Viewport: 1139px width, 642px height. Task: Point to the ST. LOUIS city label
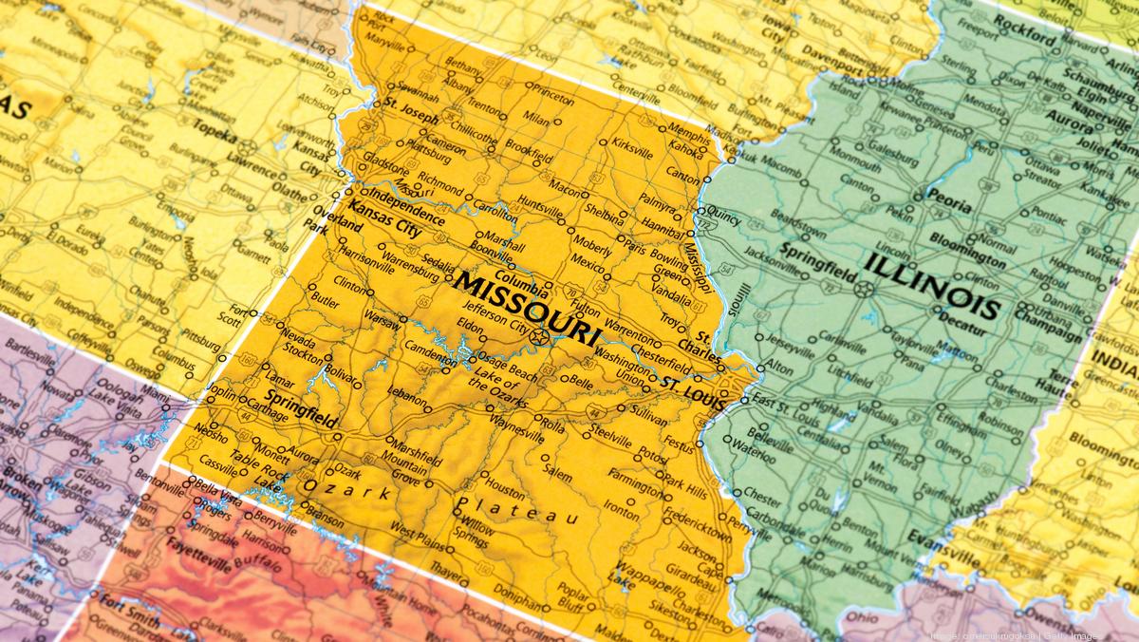[693, 391]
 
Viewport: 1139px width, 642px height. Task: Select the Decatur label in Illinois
[962, 331]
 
